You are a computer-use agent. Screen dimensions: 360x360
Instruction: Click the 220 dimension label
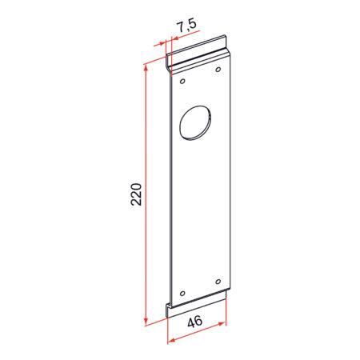pyautogui.click(x=136, y=194)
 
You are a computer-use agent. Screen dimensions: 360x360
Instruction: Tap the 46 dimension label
pyautogui.click(x=195, y=322)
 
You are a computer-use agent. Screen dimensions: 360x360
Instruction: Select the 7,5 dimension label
pyautogui.click(x=187, y=26)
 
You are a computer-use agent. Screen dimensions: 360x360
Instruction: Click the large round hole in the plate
pyautogui.click(x=195, y=122)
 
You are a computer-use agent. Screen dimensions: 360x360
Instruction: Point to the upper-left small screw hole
pyautogui.click(x=182, y=81)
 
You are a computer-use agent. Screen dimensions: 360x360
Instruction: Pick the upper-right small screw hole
pyautogui.click(x=218, y=70)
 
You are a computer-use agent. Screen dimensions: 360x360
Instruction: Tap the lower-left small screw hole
pyautogui.click(x=182, y=294)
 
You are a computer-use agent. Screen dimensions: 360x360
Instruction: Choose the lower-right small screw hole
pyautogui.click(x=218, y=282)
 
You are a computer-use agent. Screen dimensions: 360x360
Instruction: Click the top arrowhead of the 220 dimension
pyautogui.click(x=146, y=68)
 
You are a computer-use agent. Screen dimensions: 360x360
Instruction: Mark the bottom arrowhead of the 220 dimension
pyautogui.click(x=146, y=321)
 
